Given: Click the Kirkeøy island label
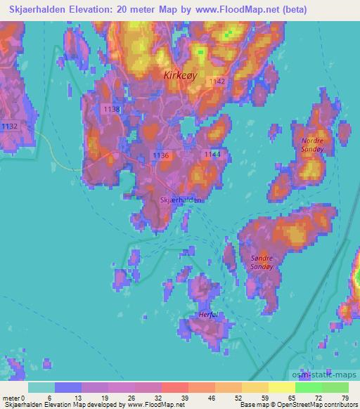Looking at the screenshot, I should [181, 74].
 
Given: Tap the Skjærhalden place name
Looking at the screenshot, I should [181, 200].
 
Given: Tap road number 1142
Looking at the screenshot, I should [217, 82].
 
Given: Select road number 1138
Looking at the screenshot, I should [111, 110].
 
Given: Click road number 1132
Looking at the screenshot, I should [10, 126].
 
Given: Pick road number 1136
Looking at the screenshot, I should [160, 155].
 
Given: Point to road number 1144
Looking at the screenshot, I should [212, 153].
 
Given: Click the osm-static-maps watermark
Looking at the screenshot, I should [330, 375].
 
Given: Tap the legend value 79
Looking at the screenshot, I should [345, 398].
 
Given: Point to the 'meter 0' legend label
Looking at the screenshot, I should [13, 398].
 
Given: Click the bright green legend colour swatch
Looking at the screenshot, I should [308, 387].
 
